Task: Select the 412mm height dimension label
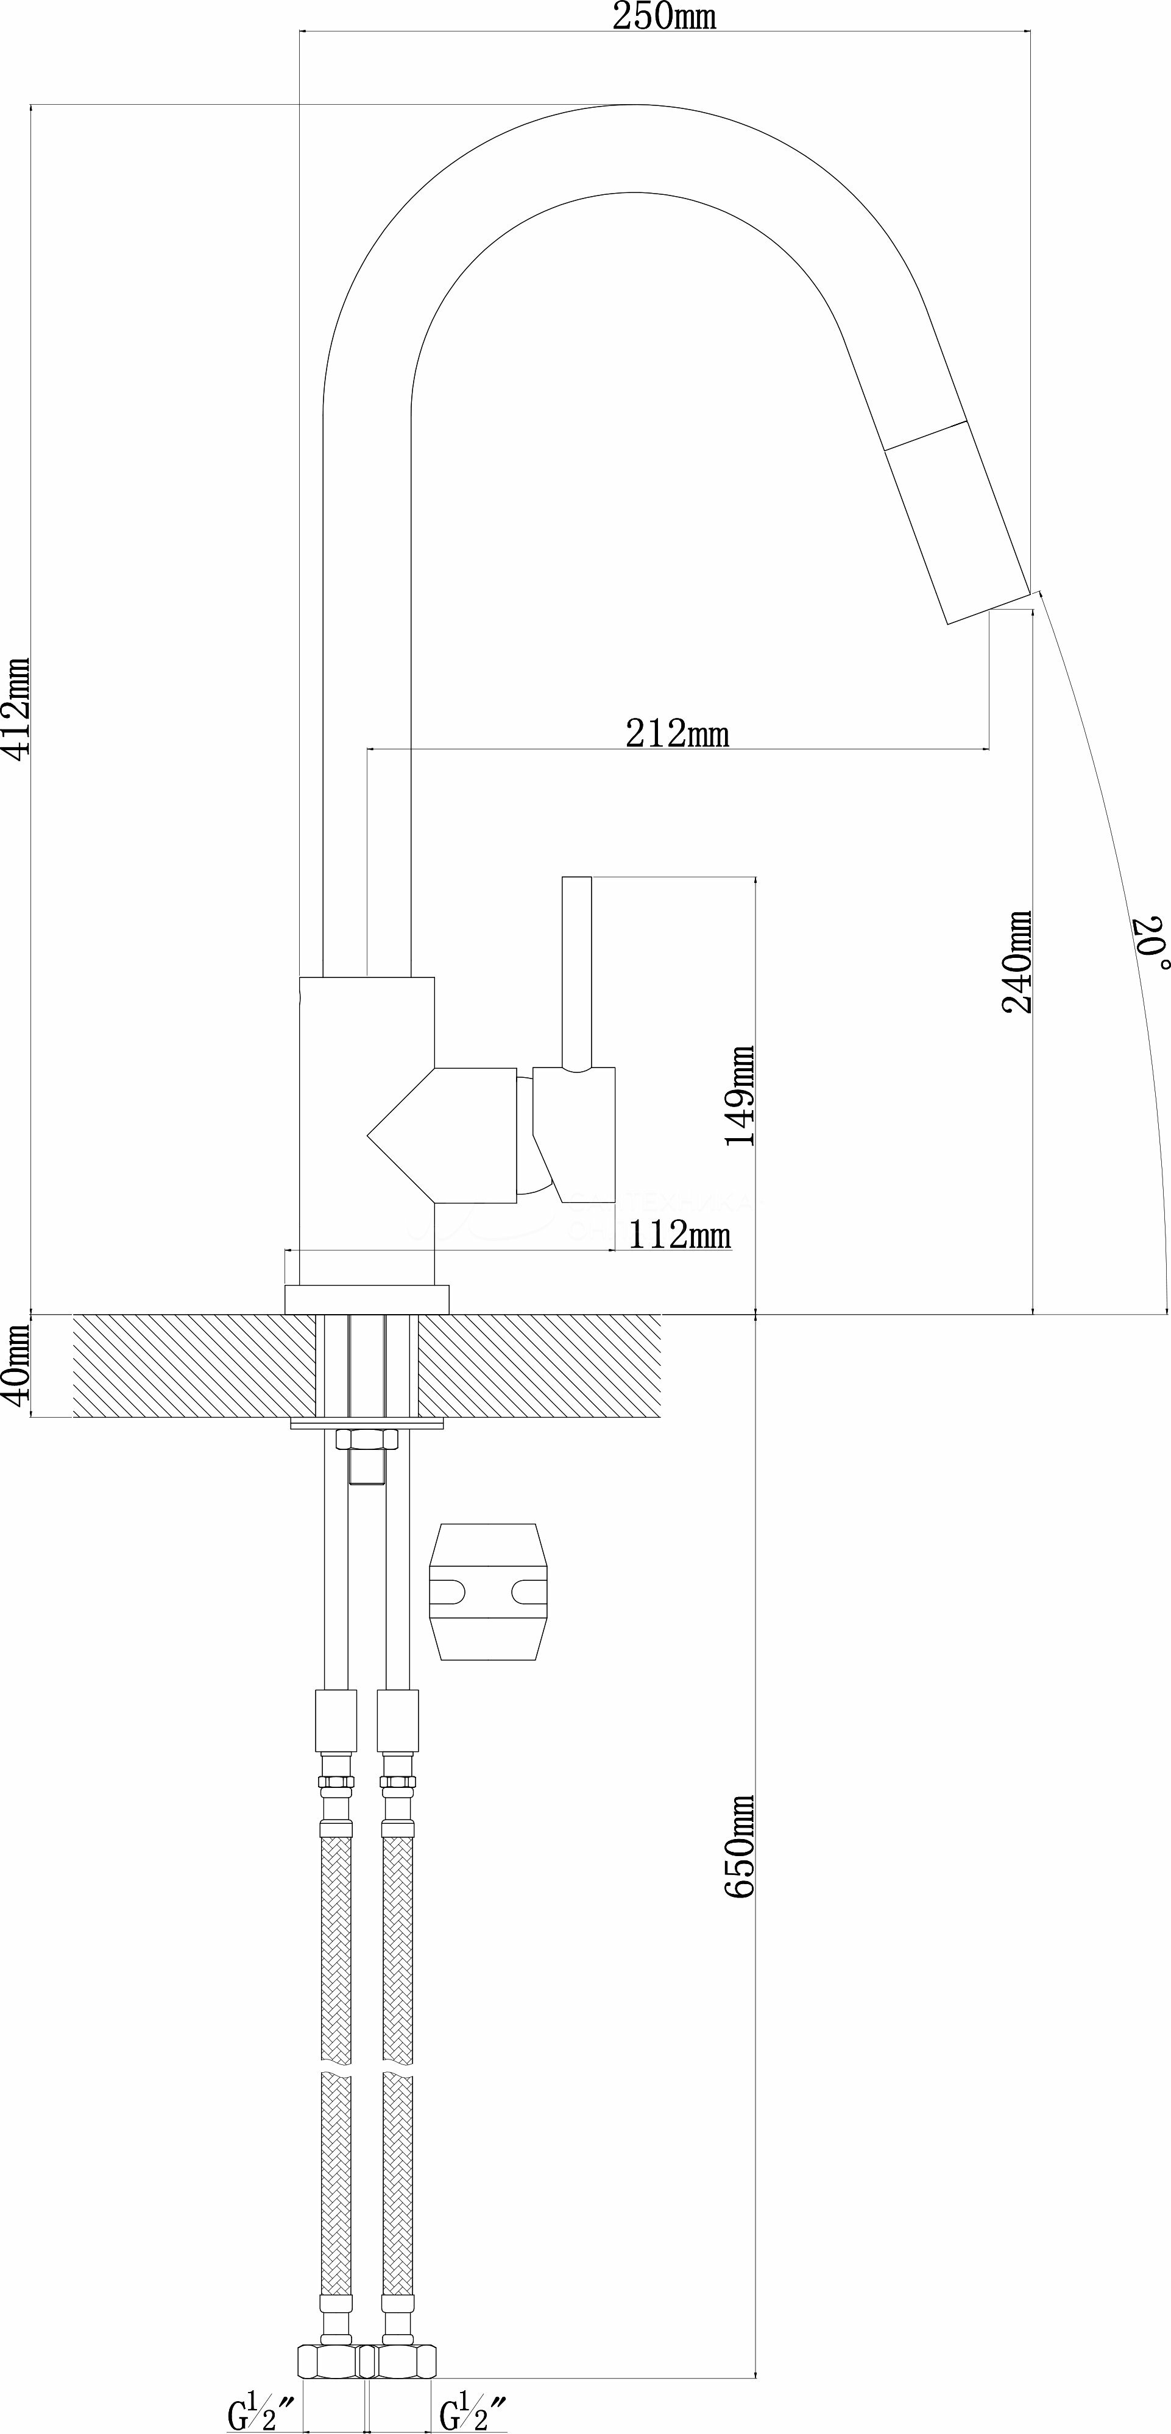(x=18, y=709)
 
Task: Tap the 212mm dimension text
(x=677, y=733)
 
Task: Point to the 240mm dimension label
(x=1017, y=962)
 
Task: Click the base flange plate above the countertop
(x=367, y=1298)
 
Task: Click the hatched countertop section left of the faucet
(x=194, y=1365)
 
